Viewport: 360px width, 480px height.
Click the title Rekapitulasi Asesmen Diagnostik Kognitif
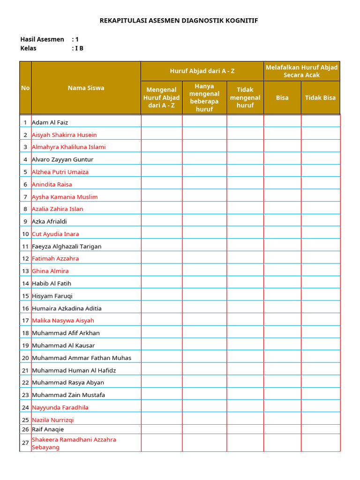[179, 21]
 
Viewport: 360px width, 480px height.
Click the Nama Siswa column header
[86, 88]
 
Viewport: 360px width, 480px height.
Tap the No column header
[25, 88]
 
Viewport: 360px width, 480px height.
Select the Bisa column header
[282, 97]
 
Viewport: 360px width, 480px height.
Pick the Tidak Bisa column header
[320, 97]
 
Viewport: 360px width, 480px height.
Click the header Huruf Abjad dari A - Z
[202, 71]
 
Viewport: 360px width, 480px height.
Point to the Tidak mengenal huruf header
[245, 97]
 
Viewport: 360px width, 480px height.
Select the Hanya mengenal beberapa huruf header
[204, 97]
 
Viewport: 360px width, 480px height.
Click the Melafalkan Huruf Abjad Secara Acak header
[301, 71]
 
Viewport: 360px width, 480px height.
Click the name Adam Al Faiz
[50, 122]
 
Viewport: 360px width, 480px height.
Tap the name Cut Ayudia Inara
[55, 234]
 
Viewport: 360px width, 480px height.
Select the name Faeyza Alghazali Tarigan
[67, 246]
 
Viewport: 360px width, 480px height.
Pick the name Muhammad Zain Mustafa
[68, 395]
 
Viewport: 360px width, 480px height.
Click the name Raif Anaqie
[48, 429]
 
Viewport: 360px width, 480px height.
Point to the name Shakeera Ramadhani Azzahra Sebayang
[74, 443]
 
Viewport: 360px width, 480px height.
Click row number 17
[25, 321]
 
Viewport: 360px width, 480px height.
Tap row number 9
[25, 221]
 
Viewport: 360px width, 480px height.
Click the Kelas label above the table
[29, 48]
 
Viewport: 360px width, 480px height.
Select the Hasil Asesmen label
[42, 39]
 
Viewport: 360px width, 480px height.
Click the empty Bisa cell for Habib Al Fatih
[282, 283]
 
